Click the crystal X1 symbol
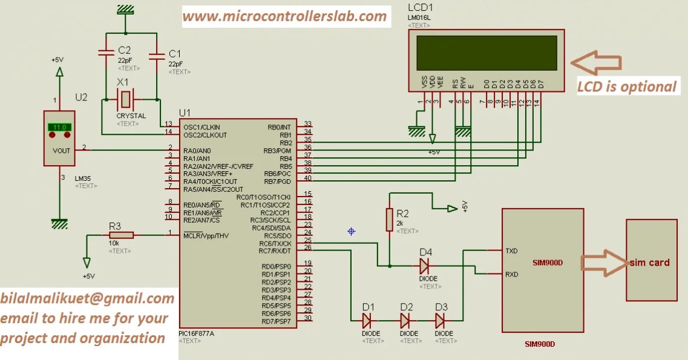pos(126,97)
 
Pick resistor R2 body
pos(390,219)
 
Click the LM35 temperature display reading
pos(59,128)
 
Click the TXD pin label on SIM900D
pos(511,250)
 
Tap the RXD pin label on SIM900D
pos(511,274)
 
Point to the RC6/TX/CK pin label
pos(275,243)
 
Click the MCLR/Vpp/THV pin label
pos(206,235)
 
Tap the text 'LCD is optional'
pos(626,87)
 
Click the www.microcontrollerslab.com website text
pos(284,16)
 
